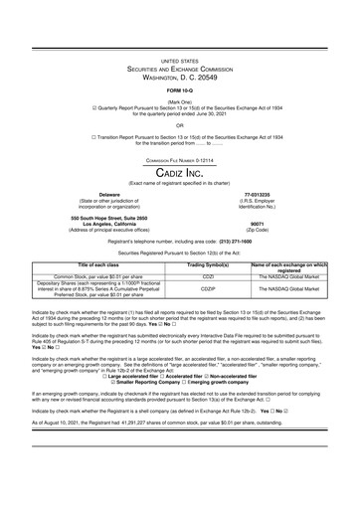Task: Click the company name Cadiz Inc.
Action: [x=180, y=172]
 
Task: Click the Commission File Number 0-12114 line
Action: [x=179, y=159]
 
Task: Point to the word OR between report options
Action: [x=179, y=126]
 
